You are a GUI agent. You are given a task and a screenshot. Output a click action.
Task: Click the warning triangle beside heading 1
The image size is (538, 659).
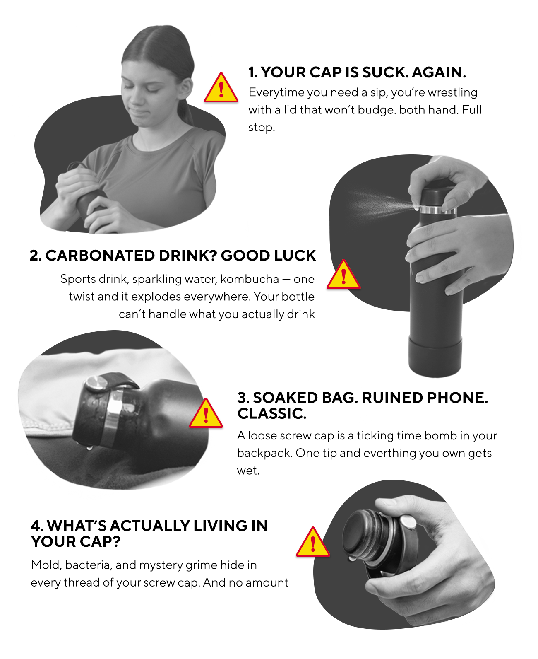221,88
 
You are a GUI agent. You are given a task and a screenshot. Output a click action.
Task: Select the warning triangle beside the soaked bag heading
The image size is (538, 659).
206,413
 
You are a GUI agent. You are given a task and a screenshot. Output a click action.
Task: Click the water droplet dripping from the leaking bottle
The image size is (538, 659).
90,447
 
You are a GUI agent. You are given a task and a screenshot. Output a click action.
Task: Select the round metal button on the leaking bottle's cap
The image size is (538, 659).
96,383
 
